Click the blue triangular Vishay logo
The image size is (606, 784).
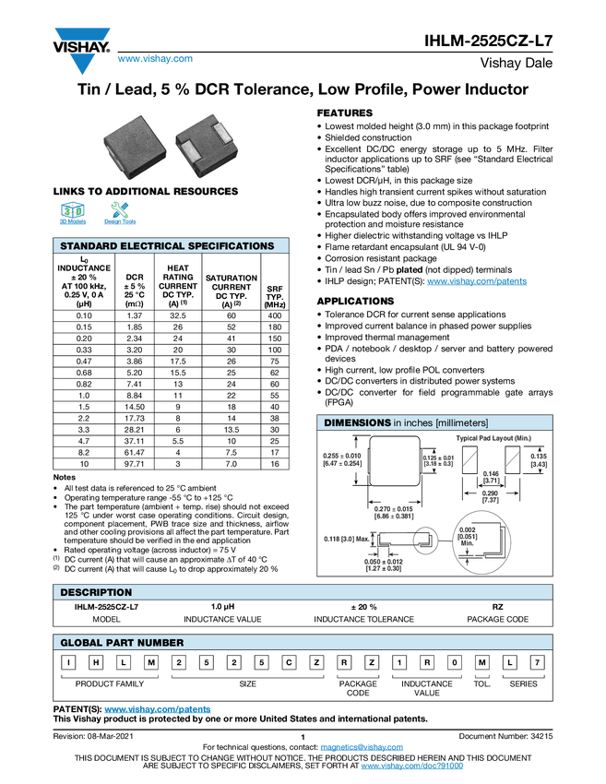[83, 64]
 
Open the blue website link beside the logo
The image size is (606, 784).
[155, 60]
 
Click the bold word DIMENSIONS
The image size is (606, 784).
[357, 422]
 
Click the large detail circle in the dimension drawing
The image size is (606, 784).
[482, 542]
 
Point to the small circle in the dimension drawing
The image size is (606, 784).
[425, 541]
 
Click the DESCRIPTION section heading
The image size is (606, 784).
[96, 592]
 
